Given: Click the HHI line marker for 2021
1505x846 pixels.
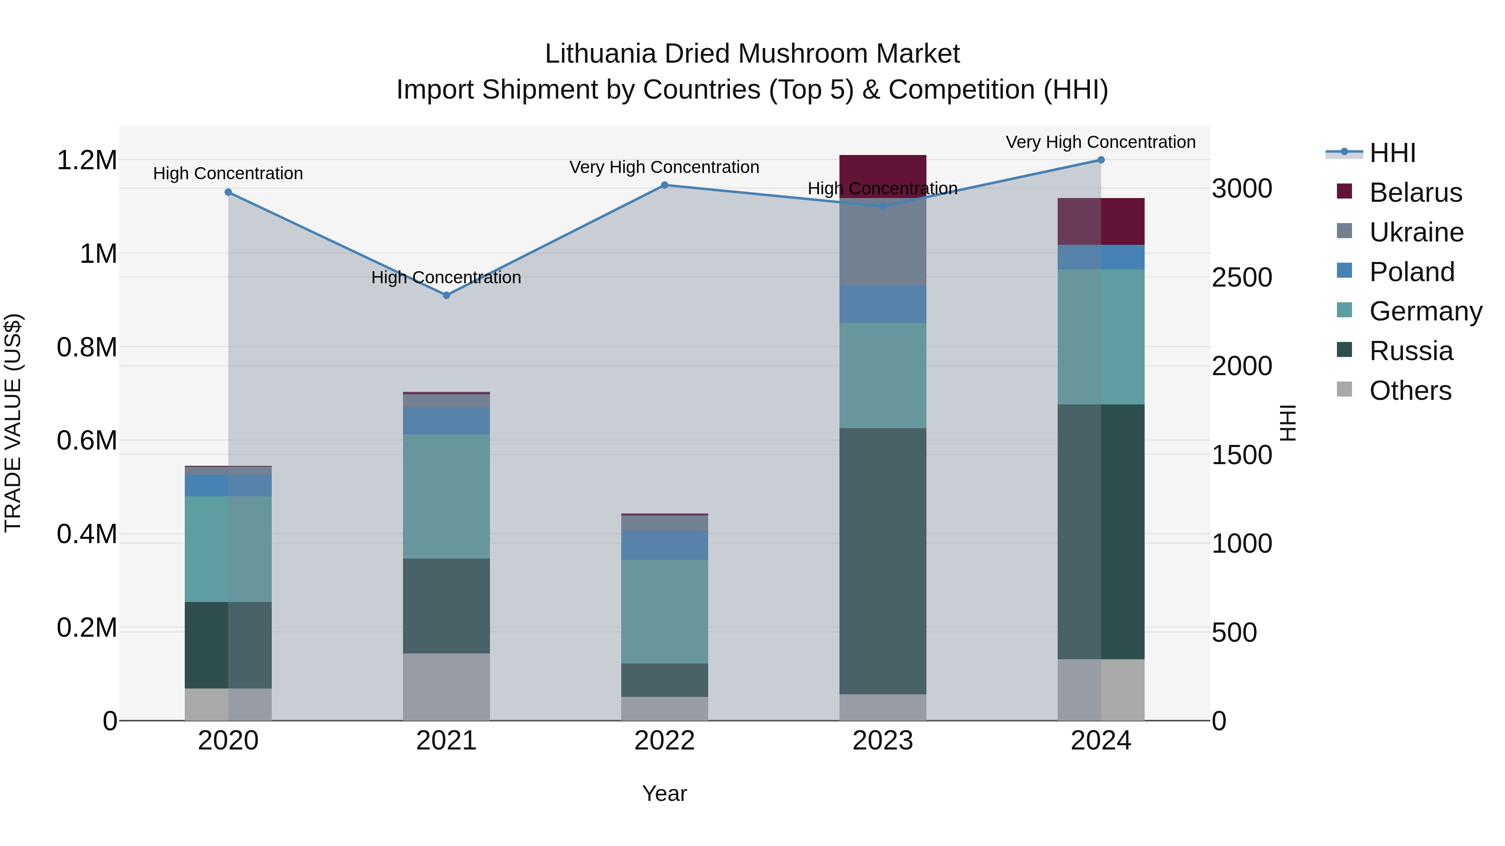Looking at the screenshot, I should click(446, 295).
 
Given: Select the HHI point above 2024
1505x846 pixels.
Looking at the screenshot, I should click(1101, 160).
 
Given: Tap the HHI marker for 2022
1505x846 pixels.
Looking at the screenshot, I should click(664, 185).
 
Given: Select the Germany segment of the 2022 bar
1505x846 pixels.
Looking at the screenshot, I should click(664, 611).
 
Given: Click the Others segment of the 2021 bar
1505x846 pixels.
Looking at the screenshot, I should click(446, 686).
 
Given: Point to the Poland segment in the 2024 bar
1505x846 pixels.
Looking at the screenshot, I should click(1101, 257).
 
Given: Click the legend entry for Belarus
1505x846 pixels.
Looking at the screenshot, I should click(1414, 193).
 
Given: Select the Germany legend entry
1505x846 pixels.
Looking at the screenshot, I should click(1425, 311).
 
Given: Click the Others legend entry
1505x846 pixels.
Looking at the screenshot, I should click(1409, 391).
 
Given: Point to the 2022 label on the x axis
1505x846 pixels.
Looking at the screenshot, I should click(664, 741).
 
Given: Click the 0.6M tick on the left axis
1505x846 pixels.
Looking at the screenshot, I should click(87, 441).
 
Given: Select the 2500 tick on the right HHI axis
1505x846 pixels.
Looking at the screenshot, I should click(1242, 278).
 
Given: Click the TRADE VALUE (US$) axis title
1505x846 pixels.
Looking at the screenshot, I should click(13, 423).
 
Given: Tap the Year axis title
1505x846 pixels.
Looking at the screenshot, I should click(664, 793).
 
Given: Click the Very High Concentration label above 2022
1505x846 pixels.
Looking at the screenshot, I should click(664, 168).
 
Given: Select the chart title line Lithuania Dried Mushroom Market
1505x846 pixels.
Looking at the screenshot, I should click(752, 54).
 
